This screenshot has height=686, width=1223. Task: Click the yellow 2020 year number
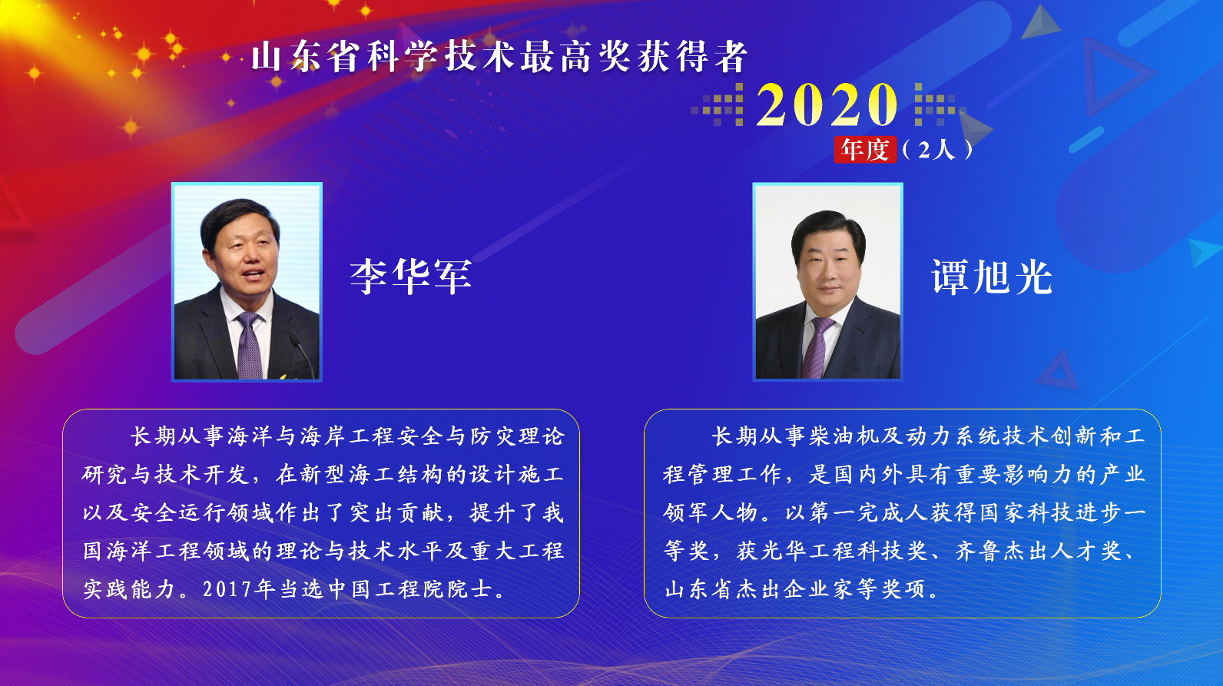tap(827, 104)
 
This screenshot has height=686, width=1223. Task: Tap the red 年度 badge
tap(865, 149)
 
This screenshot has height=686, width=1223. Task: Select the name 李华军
tap(410, 277)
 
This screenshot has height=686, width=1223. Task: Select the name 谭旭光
tap(991, 277)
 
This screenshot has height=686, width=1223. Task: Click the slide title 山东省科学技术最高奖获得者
tap(499, 57)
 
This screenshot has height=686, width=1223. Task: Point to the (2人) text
tap(936, 149)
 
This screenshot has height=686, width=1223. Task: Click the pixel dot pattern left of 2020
tap(719, 106)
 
